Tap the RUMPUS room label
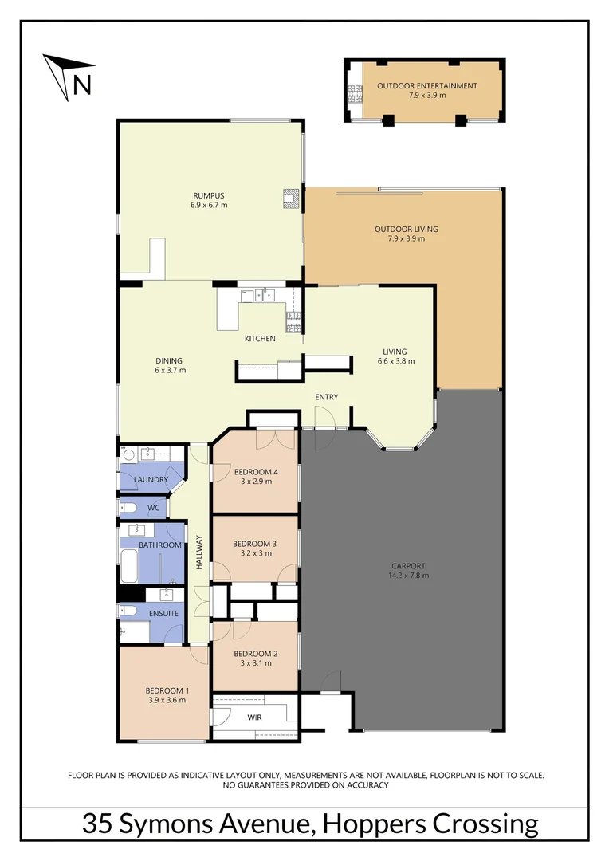(x=209, y=195)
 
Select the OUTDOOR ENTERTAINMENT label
(x=426, y=86)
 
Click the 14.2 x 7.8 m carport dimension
(x=407, y=575)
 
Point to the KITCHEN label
(x=260, y=339)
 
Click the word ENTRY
(x=326, y=397)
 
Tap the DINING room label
(x=169, y=360)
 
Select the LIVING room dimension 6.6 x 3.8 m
(x=395, y=361)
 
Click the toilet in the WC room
(x=128, y=508)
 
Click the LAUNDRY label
(x=151, y=479)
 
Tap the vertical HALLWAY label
(x=199, y=551)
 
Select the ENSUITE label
(x=163, y=613)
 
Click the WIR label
(x=254, y=717)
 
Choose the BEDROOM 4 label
(x=255, y=472)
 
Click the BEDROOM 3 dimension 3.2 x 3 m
(x=255, y=553)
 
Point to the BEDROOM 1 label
(x=167, y=690)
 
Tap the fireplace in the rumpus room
(x=292, y=198)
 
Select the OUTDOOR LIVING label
(x=406, y=229)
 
